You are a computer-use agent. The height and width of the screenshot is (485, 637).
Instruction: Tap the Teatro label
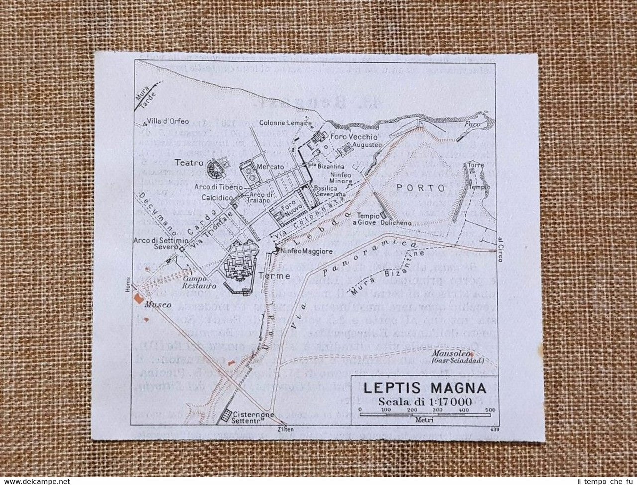(189, 162)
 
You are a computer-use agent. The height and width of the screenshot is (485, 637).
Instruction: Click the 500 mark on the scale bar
(489, 410)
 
